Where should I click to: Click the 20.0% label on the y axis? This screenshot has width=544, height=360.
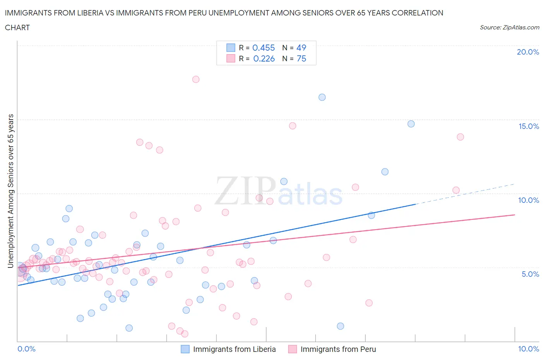528,52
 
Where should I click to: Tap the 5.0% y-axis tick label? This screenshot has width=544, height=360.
530,274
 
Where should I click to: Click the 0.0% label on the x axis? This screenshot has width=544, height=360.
26,349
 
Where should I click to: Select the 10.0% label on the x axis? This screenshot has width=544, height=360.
529,349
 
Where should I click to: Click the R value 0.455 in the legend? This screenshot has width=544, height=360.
263,48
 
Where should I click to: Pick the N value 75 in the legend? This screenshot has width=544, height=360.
301,58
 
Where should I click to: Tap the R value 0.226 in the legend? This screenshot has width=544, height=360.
264,58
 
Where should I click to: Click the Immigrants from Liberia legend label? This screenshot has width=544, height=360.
234,349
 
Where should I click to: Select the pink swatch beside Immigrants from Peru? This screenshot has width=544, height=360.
293,349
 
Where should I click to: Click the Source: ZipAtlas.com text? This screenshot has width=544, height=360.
509,27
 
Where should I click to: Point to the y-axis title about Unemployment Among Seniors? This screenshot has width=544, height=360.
10,191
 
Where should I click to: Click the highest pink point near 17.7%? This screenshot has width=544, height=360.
196,79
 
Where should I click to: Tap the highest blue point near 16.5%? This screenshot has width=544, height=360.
322,97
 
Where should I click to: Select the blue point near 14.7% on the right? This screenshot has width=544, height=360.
411,124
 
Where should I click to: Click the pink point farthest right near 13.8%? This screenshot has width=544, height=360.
460,137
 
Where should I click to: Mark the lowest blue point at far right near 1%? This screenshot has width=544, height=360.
340,326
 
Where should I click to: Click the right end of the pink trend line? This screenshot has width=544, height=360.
515,214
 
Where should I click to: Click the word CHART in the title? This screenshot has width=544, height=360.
17,27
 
